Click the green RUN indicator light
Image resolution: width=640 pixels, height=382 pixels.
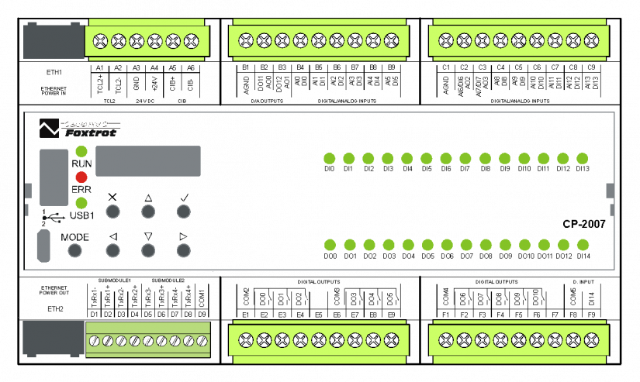pyautogui.click(x=81, y=151)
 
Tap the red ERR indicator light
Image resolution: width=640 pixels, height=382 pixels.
pyautogui.click(x=81, y=177)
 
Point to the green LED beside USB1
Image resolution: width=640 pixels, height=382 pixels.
pyautogui.click(x=81, y=203)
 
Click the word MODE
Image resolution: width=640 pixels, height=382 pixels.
pyautogui.click(x=75, y=237)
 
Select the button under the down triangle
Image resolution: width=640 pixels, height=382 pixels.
pyautogui.click(x=148, y=250)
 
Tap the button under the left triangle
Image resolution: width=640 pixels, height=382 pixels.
pyautogui.click(x=113, y=250)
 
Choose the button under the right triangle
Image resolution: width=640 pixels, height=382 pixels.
pyautogui.click(x=183, y=250)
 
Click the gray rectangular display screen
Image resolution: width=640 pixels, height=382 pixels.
pyautogui.click(x=148, y=161)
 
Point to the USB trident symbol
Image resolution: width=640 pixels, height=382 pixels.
pyautogui.click(x=47, y=218)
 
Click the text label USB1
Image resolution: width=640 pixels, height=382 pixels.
pyautogui.click(x=82, y=215)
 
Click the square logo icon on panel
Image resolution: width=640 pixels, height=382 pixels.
pyautogui.click(x=50, y=127)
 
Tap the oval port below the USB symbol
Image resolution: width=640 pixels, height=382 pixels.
pyautogui.click(x=43, y=246)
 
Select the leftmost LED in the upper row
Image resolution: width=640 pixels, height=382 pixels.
pyautogui.click(x=329, y=159)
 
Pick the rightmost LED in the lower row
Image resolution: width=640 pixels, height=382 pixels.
pyautogui.click(x=583, y=245)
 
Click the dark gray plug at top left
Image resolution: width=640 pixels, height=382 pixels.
pyautogui.click(x=54, y=40)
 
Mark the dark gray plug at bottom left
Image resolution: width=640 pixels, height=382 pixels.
pyautogui.click(x=54, y=339)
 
